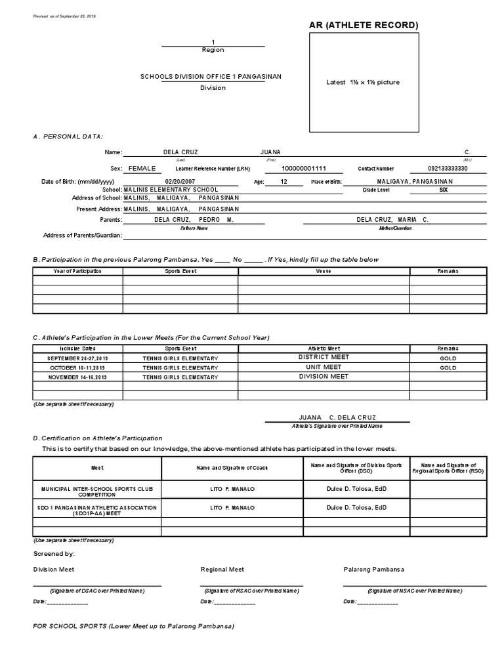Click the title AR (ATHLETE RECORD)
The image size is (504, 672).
coord(363,26)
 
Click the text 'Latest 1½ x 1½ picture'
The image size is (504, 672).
coord(363,82)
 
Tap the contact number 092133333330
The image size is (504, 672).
coord(448,169)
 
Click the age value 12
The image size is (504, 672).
coord(283,181)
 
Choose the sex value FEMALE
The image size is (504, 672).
coord(142,169)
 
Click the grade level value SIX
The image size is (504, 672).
coord(444,190)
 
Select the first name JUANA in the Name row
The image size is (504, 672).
coord(270,152)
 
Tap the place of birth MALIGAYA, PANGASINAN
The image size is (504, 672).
coord(412,181)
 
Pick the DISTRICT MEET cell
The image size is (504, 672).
coord(324,357)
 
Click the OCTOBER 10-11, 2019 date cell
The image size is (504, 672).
coord(78,368)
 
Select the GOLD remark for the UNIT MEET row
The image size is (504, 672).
coord(448,368)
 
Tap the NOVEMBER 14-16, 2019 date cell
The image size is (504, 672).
coord(78,377)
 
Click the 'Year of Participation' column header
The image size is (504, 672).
coord(78,270)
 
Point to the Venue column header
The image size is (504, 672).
coord(324,270)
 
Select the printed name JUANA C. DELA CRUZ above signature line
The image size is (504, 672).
coord(337,417)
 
